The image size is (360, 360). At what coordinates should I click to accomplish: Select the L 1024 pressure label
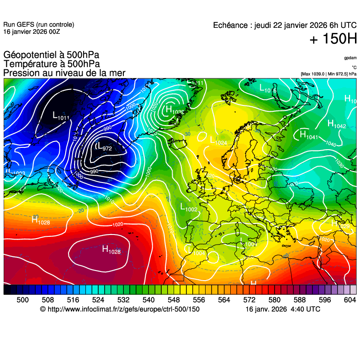tap(218, 141)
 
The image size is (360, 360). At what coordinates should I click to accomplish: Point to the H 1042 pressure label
tap(337, 124)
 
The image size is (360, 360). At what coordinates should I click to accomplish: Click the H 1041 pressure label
tap(308, 135)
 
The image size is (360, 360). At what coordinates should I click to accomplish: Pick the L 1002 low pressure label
tap(188, 208)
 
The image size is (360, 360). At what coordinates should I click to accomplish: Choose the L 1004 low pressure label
tap(196, 250)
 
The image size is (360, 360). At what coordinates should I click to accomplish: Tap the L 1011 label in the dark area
tap(61, 116)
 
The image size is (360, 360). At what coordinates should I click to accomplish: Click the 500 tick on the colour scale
tap(22, 299)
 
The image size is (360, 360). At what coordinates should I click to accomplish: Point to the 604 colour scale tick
tap(350, 299)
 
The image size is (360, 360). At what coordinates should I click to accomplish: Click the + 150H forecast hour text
tap(333, 40)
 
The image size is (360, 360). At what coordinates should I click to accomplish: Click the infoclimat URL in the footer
tap(120, 309)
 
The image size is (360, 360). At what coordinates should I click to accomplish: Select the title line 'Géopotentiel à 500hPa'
tap(51, 55)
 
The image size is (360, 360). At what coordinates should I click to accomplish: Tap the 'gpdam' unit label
tap(350, 58)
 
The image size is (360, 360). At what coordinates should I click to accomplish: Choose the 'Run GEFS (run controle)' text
tap(38, 25)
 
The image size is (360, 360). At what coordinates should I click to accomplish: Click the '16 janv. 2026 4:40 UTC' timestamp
tap(283, 309)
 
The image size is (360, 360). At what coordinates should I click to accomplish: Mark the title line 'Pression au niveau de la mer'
tap(64, 73)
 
